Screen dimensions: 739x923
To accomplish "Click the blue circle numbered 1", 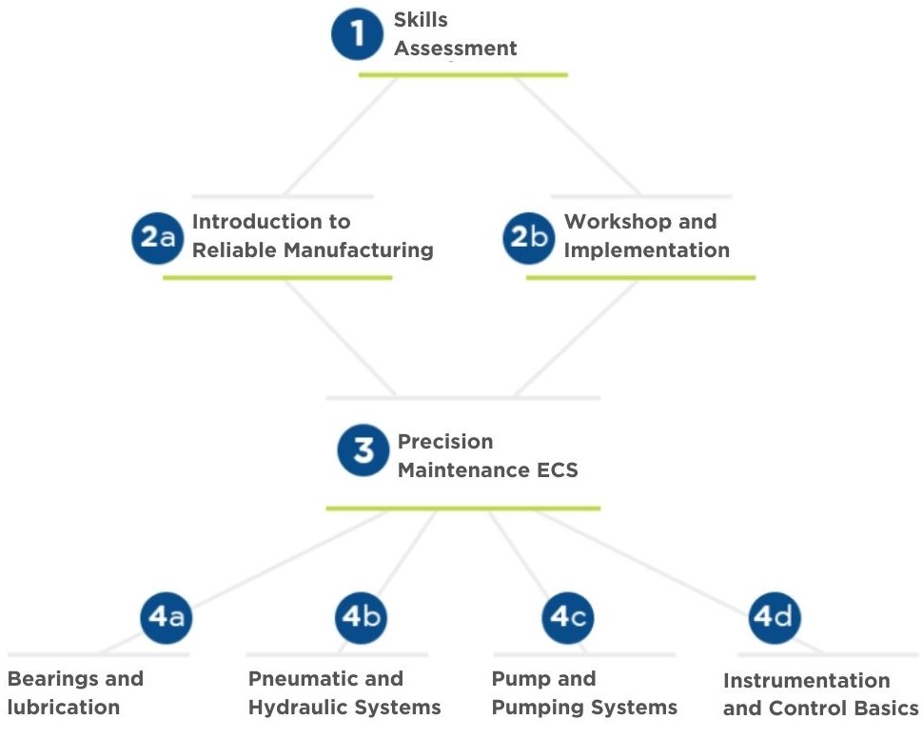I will point(357,34).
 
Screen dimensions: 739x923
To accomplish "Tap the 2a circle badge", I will point(157,237).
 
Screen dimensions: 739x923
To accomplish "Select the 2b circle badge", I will point(529,237).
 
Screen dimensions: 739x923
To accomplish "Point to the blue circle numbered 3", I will point(363,449).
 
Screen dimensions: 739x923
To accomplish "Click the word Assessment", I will point(456,49).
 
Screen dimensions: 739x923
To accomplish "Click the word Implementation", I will point(647,250).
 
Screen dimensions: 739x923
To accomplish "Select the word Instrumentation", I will point(806,681).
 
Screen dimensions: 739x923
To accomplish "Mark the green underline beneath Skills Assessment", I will point(462,74).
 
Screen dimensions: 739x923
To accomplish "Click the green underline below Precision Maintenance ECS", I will point(462,508).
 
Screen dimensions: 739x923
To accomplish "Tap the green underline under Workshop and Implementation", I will point(640,277).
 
